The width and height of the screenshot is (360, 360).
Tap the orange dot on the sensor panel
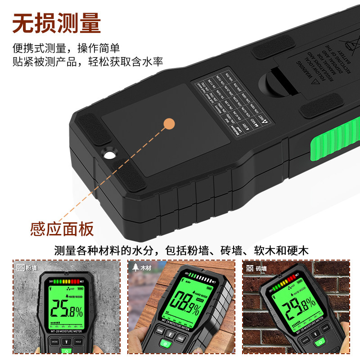tap(169, 123)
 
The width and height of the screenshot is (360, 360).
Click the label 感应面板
tap(62, 229)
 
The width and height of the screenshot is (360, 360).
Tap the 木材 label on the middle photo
tap(145, 268)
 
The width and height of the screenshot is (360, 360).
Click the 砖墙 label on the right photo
tap(261, 269)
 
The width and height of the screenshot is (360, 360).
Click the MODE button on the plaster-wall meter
tap(54, 342)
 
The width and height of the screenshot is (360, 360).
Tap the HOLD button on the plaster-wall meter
tap(78, 342)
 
